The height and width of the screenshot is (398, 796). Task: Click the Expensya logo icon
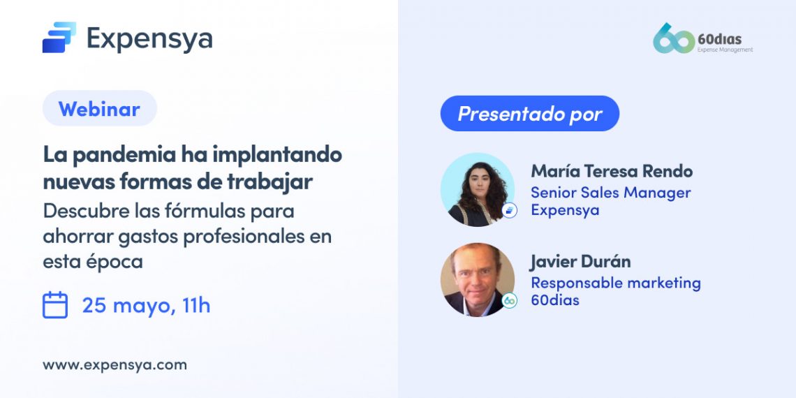[x=59, y=38]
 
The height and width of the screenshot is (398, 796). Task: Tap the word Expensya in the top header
[x=149, y=38]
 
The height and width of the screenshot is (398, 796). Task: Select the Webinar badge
[x=99, y=109]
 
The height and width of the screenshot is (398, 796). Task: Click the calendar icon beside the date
[x=55, y=305]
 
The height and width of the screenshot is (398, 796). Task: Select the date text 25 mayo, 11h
[x=146, y=305]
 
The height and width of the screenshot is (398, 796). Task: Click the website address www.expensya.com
[x=115, y=364]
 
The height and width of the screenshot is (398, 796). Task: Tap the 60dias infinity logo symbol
[x=673, y=39]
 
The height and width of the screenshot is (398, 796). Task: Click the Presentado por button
[x=529, y=114]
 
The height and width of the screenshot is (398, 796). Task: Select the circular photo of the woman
[x=477, y=189]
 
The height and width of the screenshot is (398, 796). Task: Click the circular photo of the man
[x=477, y=279]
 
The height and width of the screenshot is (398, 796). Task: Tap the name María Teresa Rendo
[x=612, y=171]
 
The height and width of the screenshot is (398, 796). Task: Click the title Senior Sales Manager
[x=610, y=193]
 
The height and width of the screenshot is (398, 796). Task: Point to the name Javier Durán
[x=580, y=261]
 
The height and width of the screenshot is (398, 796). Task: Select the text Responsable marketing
[x=615, y=283]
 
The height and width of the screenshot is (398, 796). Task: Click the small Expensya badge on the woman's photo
[x=510, y=210]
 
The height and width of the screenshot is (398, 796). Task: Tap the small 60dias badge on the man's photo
[x=510, y=301]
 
